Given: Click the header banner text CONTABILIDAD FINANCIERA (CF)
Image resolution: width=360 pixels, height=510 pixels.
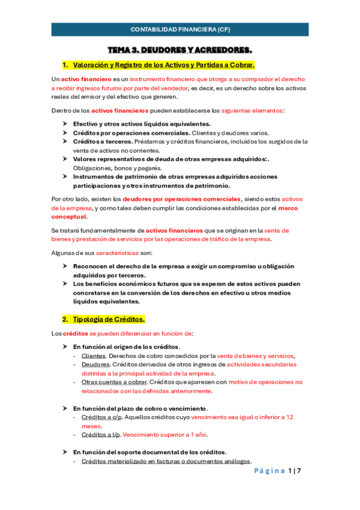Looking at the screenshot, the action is click(180, 29).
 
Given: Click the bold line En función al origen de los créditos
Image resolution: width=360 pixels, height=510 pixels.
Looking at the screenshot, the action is click(126, 347).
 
